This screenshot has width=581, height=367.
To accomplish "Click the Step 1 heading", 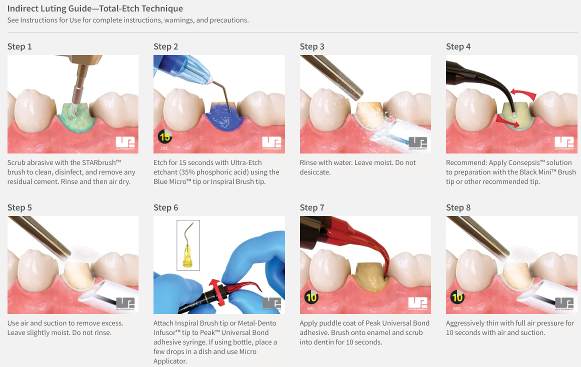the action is click(19, 46).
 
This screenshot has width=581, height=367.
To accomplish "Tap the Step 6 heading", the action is click(166, 207).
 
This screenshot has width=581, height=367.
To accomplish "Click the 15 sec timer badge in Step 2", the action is click(164, 137).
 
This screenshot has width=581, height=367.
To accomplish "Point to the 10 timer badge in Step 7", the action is click(311, 297).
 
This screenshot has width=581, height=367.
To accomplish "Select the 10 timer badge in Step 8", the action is click(457, 297).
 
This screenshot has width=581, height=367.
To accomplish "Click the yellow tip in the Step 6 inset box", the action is click(188, 256).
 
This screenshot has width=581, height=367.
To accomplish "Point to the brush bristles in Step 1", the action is click(73, 109).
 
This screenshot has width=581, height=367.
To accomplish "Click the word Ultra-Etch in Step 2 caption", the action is click(246, 162).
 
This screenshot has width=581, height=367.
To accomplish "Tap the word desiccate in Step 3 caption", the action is click(315, 172).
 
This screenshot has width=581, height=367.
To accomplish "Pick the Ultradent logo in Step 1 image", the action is click(125, 143).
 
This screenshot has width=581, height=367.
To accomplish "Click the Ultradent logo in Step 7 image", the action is click(417, 303).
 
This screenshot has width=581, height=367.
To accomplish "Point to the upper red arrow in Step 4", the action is click(523, 93).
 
